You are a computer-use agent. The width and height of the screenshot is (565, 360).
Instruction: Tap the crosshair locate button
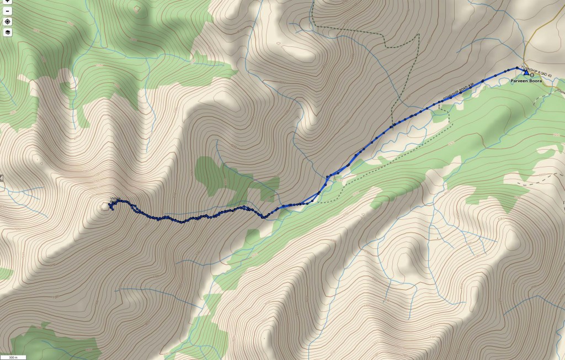click(x=8, y=22)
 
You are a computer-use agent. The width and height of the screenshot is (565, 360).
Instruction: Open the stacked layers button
click(x=8, y=32)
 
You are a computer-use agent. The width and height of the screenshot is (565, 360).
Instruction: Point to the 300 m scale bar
click(x=13, y=357)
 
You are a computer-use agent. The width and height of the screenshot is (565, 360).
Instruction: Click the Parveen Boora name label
click(x=526, y=81)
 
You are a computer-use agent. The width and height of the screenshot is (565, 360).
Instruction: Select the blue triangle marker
click(x=526, y=72)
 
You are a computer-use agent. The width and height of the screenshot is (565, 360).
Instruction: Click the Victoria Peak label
click(x=115, y=199)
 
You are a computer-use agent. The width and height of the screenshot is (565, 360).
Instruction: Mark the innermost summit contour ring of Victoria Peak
click(x=105, y=207)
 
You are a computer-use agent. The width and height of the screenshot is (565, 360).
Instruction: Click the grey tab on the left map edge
click(x=2, y=178)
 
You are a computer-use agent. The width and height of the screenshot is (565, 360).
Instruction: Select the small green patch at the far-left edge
click(x=4, y=273)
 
